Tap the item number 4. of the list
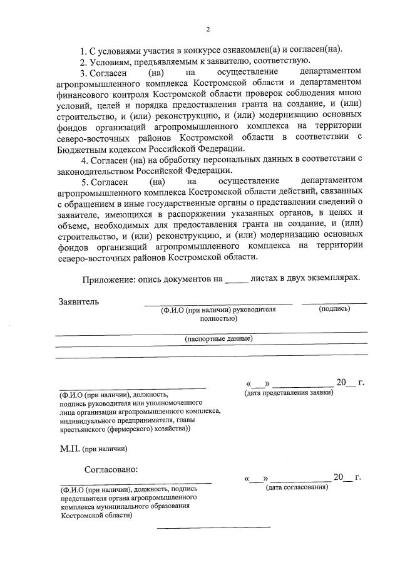point(84,160)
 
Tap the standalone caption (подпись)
point(334,309)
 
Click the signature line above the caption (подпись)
point(334,303)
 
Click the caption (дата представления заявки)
point(289,392)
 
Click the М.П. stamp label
point(69,449)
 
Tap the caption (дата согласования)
point(297,487)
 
